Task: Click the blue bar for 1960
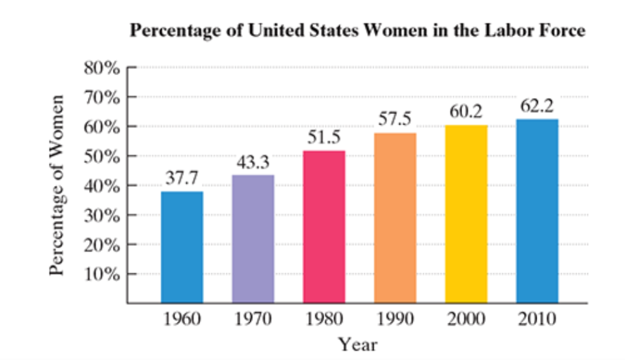point(182,247)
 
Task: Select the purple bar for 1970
point(253,239)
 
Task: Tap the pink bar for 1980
point(323,226)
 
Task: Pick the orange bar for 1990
point(395,218)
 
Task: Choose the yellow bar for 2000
point(466,214)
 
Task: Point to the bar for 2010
point(537,211)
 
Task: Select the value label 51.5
point(323,139)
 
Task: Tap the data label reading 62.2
point(537,107)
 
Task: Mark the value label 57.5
point(395,120)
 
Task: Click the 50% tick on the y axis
point(101,156)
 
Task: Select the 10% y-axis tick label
point(101,274)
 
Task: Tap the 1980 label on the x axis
point(323,319)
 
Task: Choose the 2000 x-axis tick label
point(466,319)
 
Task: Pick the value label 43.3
point(253,163)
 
